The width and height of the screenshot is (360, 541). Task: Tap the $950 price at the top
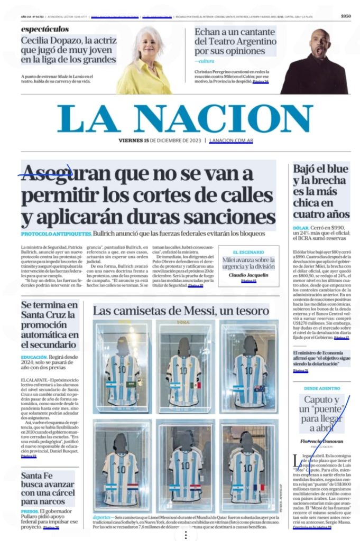coord(346,16)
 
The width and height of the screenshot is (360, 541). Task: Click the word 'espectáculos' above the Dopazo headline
coord(45,29)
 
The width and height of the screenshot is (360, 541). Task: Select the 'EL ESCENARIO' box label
coord(248,252)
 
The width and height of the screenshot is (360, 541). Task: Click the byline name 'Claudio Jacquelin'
coord(248,275)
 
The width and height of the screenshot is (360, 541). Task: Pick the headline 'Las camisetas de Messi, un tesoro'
coord(181,311)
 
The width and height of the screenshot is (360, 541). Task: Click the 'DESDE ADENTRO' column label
coord(321,388)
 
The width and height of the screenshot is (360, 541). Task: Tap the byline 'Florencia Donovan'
coord(321,441)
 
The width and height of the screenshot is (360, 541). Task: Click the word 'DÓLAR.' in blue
coord(301,229)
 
